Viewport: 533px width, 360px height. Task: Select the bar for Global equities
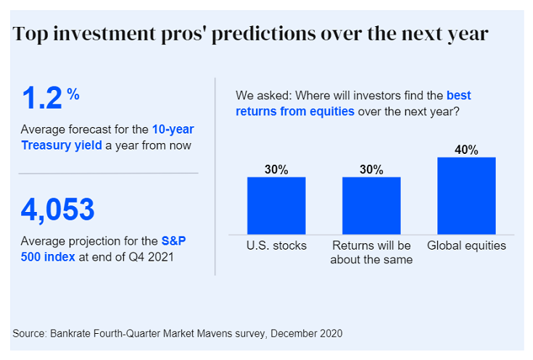[x=466, y=195]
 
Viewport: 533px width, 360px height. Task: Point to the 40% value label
[x=466, y=150]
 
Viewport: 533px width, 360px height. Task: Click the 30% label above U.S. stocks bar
[x=276, y=169]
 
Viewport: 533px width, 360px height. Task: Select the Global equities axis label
[x=466, y=245]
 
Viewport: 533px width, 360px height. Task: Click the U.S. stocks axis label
[x=276, y=245]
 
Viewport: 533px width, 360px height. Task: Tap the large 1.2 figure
[x=41, y=98]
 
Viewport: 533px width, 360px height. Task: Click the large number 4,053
[x=58, y=209]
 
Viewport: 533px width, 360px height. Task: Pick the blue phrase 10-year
[x=173, y=129]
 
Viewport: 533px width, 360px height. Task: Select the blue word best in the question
[x=458, y=95]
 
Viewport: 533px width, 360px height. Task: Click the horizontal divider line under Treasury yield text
[x=108, y=173]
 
